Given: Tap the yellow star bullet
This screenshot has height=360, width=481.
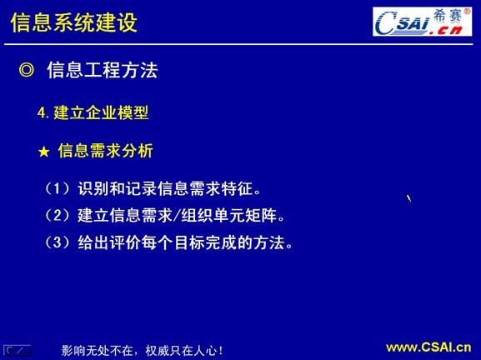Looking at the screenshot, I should point(45,152).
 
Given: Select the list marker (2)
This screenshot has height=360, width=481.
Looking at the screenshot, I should point(58,217).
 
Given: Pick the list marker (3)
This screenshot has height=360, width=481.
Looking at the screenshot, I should point(58,243).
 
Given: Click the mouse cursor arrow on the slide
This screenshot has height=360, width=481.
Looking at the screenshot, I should point(408,198).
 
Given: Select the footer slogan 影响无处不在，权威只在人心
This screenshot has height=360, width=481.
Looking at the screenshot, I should point(142,350).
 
